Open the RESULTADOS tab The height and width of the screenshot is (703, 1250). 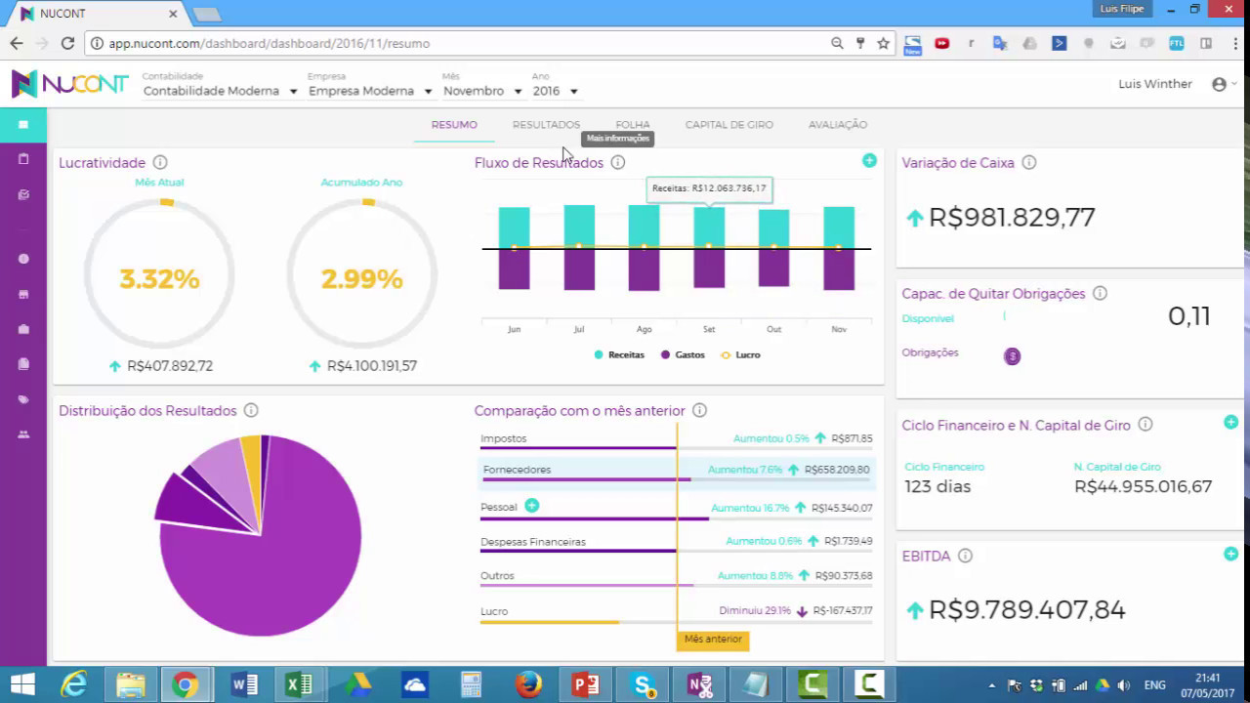546,125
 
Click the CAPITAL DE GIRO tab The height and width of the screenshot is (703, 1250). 729,125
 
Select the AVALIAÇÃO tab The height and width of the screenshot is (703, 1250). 837,125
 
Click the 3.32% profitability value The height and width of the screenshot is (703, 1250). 159,279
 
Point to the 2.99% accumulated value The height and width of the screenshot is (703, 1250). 361,279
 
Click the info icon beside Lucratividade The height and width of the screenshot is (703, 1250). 160,163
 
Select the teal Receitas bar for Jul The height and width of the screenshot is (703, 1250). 579,226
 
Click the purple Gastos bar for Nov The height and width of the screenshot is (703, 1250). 839,269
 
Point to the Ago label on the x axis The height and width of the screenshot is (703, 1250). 644,330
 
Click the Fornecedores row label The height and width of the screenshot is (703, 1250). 517,470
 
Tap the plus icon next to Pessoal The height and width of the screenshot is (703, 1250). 531,506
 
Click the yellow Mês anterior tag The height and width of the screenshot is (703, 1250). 713,640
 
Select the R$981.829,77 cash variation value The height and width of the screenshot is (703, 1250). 1012,218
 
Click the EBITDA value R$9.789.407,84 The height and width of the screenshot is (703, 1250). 1026,610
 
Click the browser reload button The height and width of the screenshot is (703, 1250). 67,43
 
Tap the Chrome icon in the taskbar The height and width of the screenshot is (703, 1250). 185,684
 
